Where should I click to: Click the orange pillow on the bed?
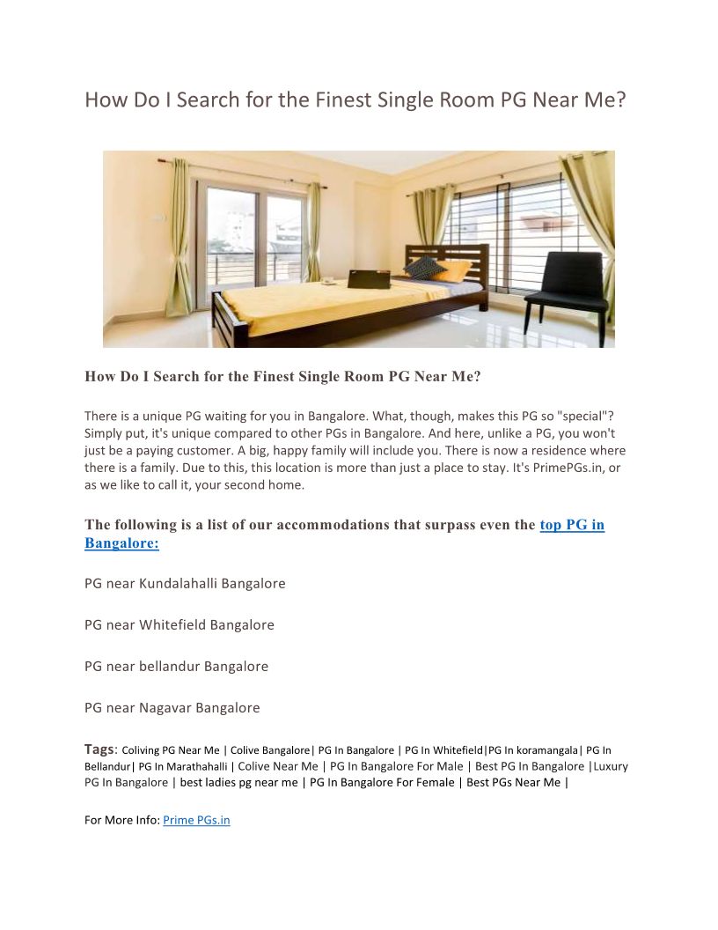pyautogui.click(x=455, y=270)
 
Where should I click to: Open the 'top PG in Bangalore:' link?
pyautogui.click(x=572, y=525)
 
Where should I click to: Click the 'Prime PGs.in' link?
pyautogui.click(x=196, y=820)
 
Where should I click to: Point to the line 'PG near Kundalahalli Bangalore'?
pyautogui.click(x=185, y=583)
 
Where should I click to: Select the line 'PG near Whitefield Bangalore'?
pyautogui.click(x=179, y=624)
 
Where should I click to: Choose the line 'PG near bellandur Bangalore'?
pyautogui.click(x=176, y=666)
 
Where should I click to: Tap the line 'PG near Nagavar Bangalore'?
pyautogui.click(x=172, y=707)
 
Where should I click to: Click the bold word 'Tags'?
pyautogui.click(x=99, y=749)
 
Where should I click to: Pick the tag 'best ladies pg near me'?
pyautogui.click(x=239, y=782)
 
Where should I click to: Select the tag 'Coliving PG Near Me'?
pyautogui.click(x=171, y=750)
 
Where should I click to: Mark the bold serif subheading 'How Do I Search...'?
pyautogui.click(x=282, y=376)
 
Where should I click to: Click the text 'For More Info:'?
pyautogui.click(x=122, y=820)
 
